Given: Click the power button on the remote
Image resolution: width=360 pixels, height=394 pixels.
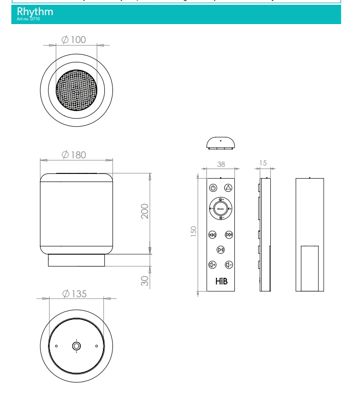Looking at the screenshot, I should coord(213,188).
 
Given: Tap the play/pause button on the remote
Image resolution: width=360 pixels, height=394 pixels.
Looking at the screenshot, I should coord(221,249).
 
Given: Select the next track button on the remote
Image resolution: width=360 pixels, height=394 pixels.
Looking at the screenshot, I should coord(229,234).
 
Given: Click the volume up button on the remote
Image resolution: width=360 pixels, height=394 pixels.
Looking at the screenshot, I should coord(213,265).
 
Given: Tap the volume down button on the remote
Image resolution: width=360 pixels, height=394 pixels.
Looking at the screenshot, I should coord(229,265).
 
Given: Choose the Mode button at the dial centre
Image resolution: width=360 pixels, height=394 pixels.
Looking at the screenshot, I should coord(221,208).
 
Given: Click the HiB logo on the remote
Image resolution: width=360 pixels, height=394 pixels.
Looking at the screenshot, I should coord(221,282).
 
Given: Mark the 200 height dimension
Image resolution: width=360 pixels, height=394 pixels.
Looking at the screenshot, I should coord(145,211).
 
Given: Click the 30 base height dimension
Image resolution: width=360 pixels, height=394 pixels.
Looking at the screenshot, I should coord(145,280).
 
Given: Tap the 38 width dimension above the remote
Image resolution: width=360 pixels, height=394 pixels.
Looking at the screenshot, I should coord(221,164).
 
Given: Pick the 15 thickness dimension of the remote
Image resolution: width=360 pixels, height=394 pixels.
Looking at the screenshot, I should coord(263,163).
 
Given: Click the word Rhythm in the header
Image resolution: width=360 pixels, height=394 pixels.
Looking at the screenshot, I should coord(35,11).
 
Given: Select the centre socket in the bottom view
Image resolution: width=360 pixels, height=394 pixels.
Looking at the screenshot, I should coord(76,346).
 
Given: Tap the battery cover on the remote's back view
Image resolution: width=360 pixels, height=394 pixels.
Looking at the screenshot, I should coord(309,268).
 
